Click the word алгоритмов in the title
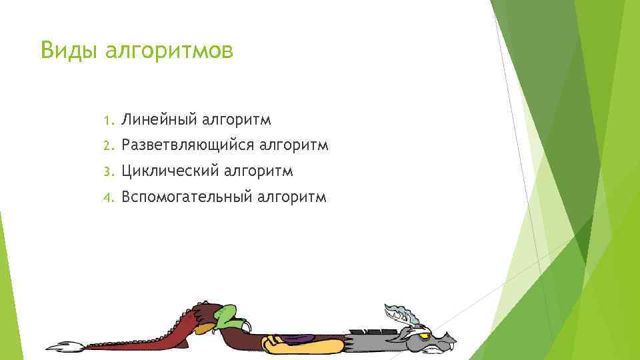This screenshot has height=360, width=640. pos(169,51)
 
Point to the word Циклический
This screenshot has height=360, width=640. pos(170,171)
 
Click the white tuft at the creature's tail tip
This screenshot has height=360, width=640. pos(64,347)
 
